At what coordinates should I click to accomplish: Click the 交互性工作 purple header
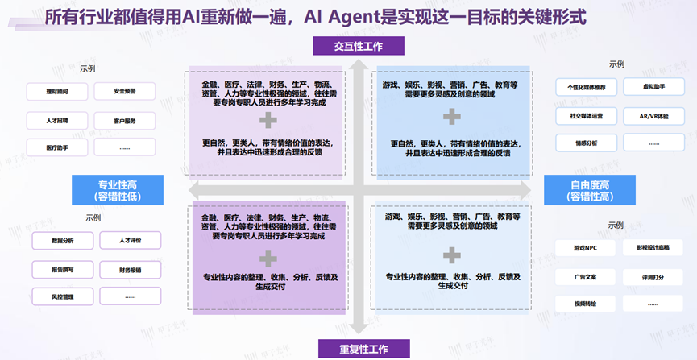[x=359, y=46]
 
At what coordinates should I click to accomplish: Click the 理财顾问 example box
[x=57, y=92]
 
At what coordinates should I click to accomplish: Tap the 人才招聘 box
[x=57, y=120]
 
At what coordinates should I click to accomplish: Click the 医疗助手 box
[x=57, y=148]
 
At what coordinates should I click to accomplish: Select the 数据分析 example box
[x=63, y=241]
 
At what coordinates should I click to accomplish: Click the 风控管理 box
[x=63, y=297]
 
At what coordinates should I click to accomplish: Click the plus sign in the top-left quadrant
[x=267, y=121]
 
